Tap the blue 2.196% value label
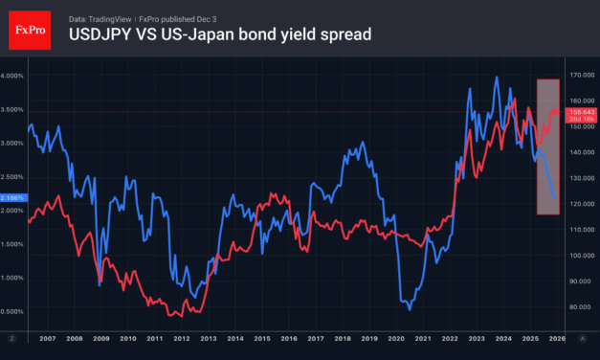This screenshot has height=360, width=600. click(x=12, y=197)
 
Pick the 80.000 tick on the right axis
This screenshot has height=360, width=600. click(x=582, y=307)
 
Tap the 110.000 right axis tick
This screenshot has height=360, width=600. click(x=582, y=230)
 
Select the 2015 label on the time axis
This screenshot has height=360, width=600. click(x=260, y=339)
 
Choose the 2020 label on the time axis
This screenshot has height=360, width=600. click(x=395, y=339)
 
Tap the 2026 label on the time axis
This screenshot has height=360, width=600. click(x=556, y=339)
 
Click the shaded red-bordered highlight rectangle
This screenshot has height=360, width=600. click(x=547, y=146)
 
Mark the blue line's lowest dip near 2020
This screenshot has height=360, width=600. click(x=410, y=309)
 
